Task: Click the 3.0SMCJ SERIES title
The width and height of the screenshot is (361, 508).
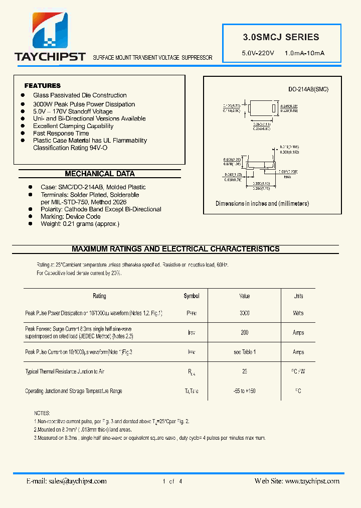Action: pyautogui.click(x=281, y=37)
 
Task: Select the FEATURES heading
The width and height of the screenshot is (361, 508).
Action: pyautogui.click(x=43, y=86)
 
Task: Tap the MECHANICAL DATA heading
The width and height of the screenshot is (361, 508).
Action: pyautogui.click(x=100, y=174)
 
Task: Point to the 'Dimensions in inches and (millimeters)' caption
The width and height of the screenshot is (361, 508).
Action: pyautogui.click(x=262, y=204)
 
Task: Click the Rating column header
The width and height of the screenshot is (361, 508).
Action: pyautogui.click(x=99, y=296)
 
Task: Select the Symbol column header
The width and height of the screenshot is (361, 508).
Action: pyautogui.click(x=192, y=296)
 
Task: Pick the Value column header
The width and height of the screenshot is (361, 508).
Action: pyautogui.click(x=244, y=296)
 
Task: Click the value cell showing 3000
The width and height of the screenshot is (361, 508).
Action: pyautogui.click(x=244, y=313)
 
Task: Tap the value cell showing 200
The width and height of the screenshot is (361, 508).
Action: pyautogui.click(x=244, y=333)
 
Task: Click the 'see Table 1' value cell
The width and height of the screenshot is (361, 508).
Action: pyautogui.click(x=244, y=352)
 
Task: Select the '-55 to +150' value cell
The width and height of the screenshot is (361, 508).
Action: pyautogui.click(x=244, y=391)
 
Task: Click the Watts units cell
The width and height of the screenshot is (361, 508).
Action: pyautogui.click(x=298, y=313)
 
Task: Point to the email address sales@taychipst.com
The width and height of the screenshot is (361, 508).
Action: pyautogui.click(x=78, y=481)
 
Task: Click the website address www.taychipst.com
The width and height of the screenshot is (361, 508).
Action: pyautogui.click(x=312, y=481)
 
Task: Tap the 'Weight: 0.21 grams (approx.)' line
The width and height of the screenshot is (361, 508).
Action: pyautogui.click(x=80, y=224)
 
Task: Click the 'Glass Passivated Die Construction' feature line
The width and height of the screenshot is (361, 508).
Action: pyautogui.click(x=80, y=95)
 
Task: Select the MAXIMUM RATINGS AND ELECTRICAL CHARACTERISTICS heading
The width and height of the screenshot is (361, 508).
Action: pyautogui.click(x=175, y=249)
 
